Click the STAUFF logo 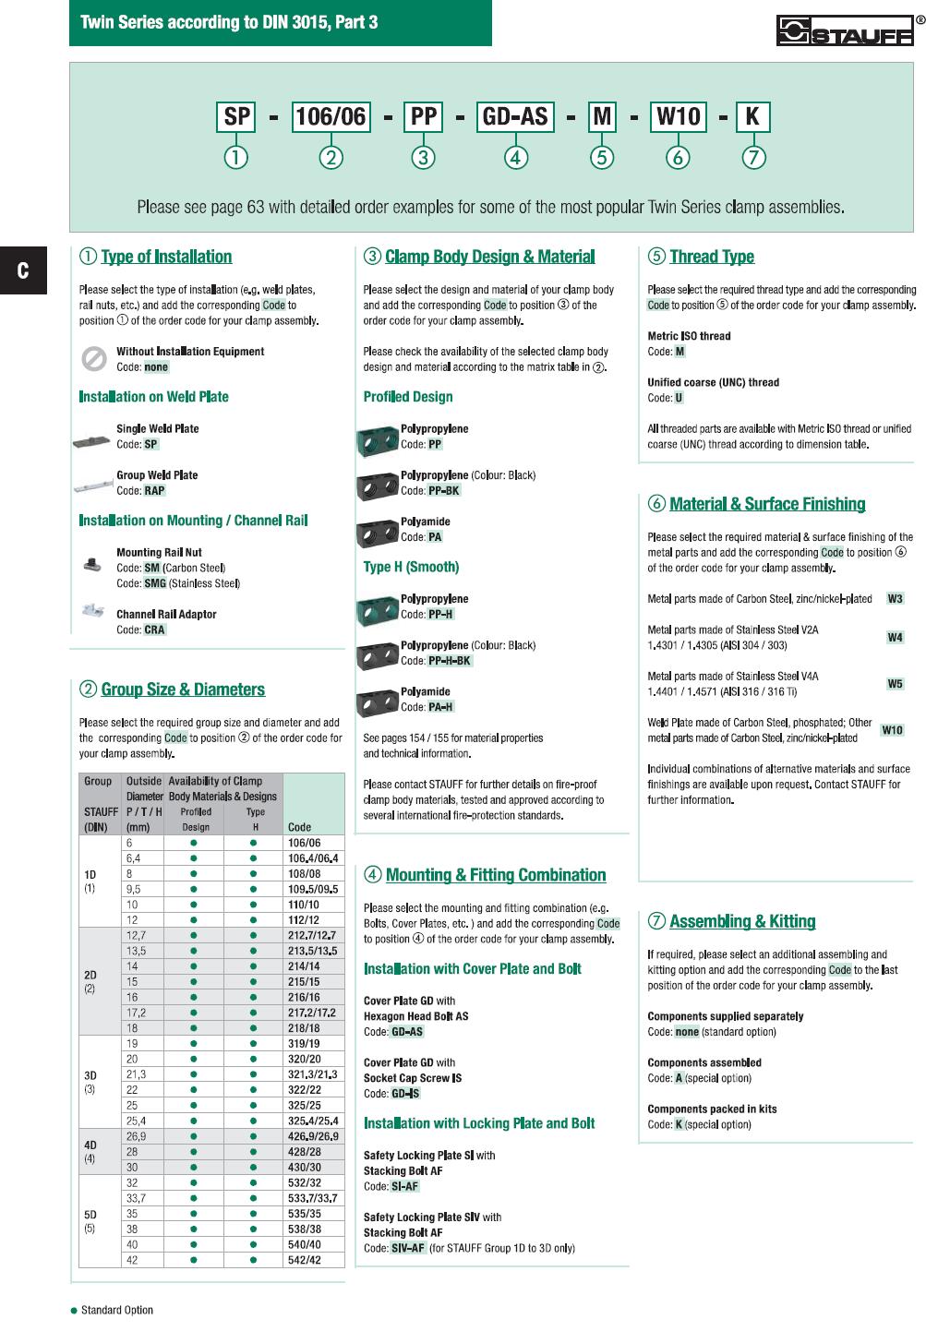(845, 31)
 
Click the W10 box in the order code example (678, 117)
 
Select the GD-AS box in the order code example (516, 117)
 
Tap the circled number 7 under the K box (753, 158)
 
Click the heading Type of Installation (166, 257)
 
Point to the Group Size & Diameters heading (183, 689)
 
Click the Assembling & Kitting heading (742, 921)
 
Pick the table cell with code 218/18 (304, 1028)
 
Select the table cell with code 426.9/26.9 (313, 1136)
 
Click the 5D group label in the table (90, 1215)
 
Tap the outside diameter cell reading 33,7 (135, 1198)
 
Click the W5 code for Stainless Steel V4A (895, 684)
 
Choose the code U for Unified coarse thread (679, 398)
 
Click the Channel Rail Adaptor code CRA (154, 630)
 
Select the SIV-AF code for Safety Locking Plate (407, 1248)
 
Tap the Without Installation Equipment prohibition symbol (92, 358)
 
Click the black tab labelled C (23, 270)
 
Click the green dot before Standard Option (74, 1311)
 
